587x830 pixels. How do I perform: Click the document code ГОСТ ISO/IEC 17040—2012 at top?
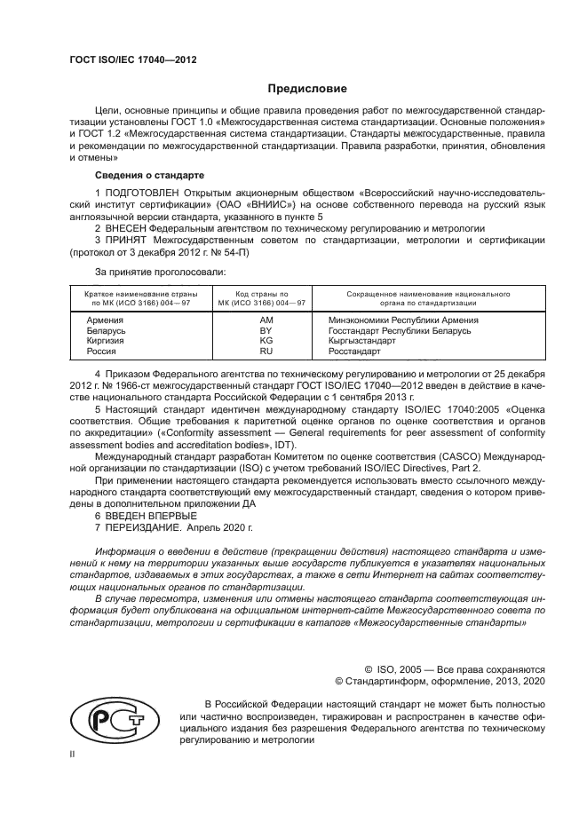(132, 59)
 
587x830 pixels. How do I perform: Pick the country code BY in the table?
(265, 330)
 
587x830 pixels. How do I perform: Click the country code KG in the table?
(265, 341)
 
